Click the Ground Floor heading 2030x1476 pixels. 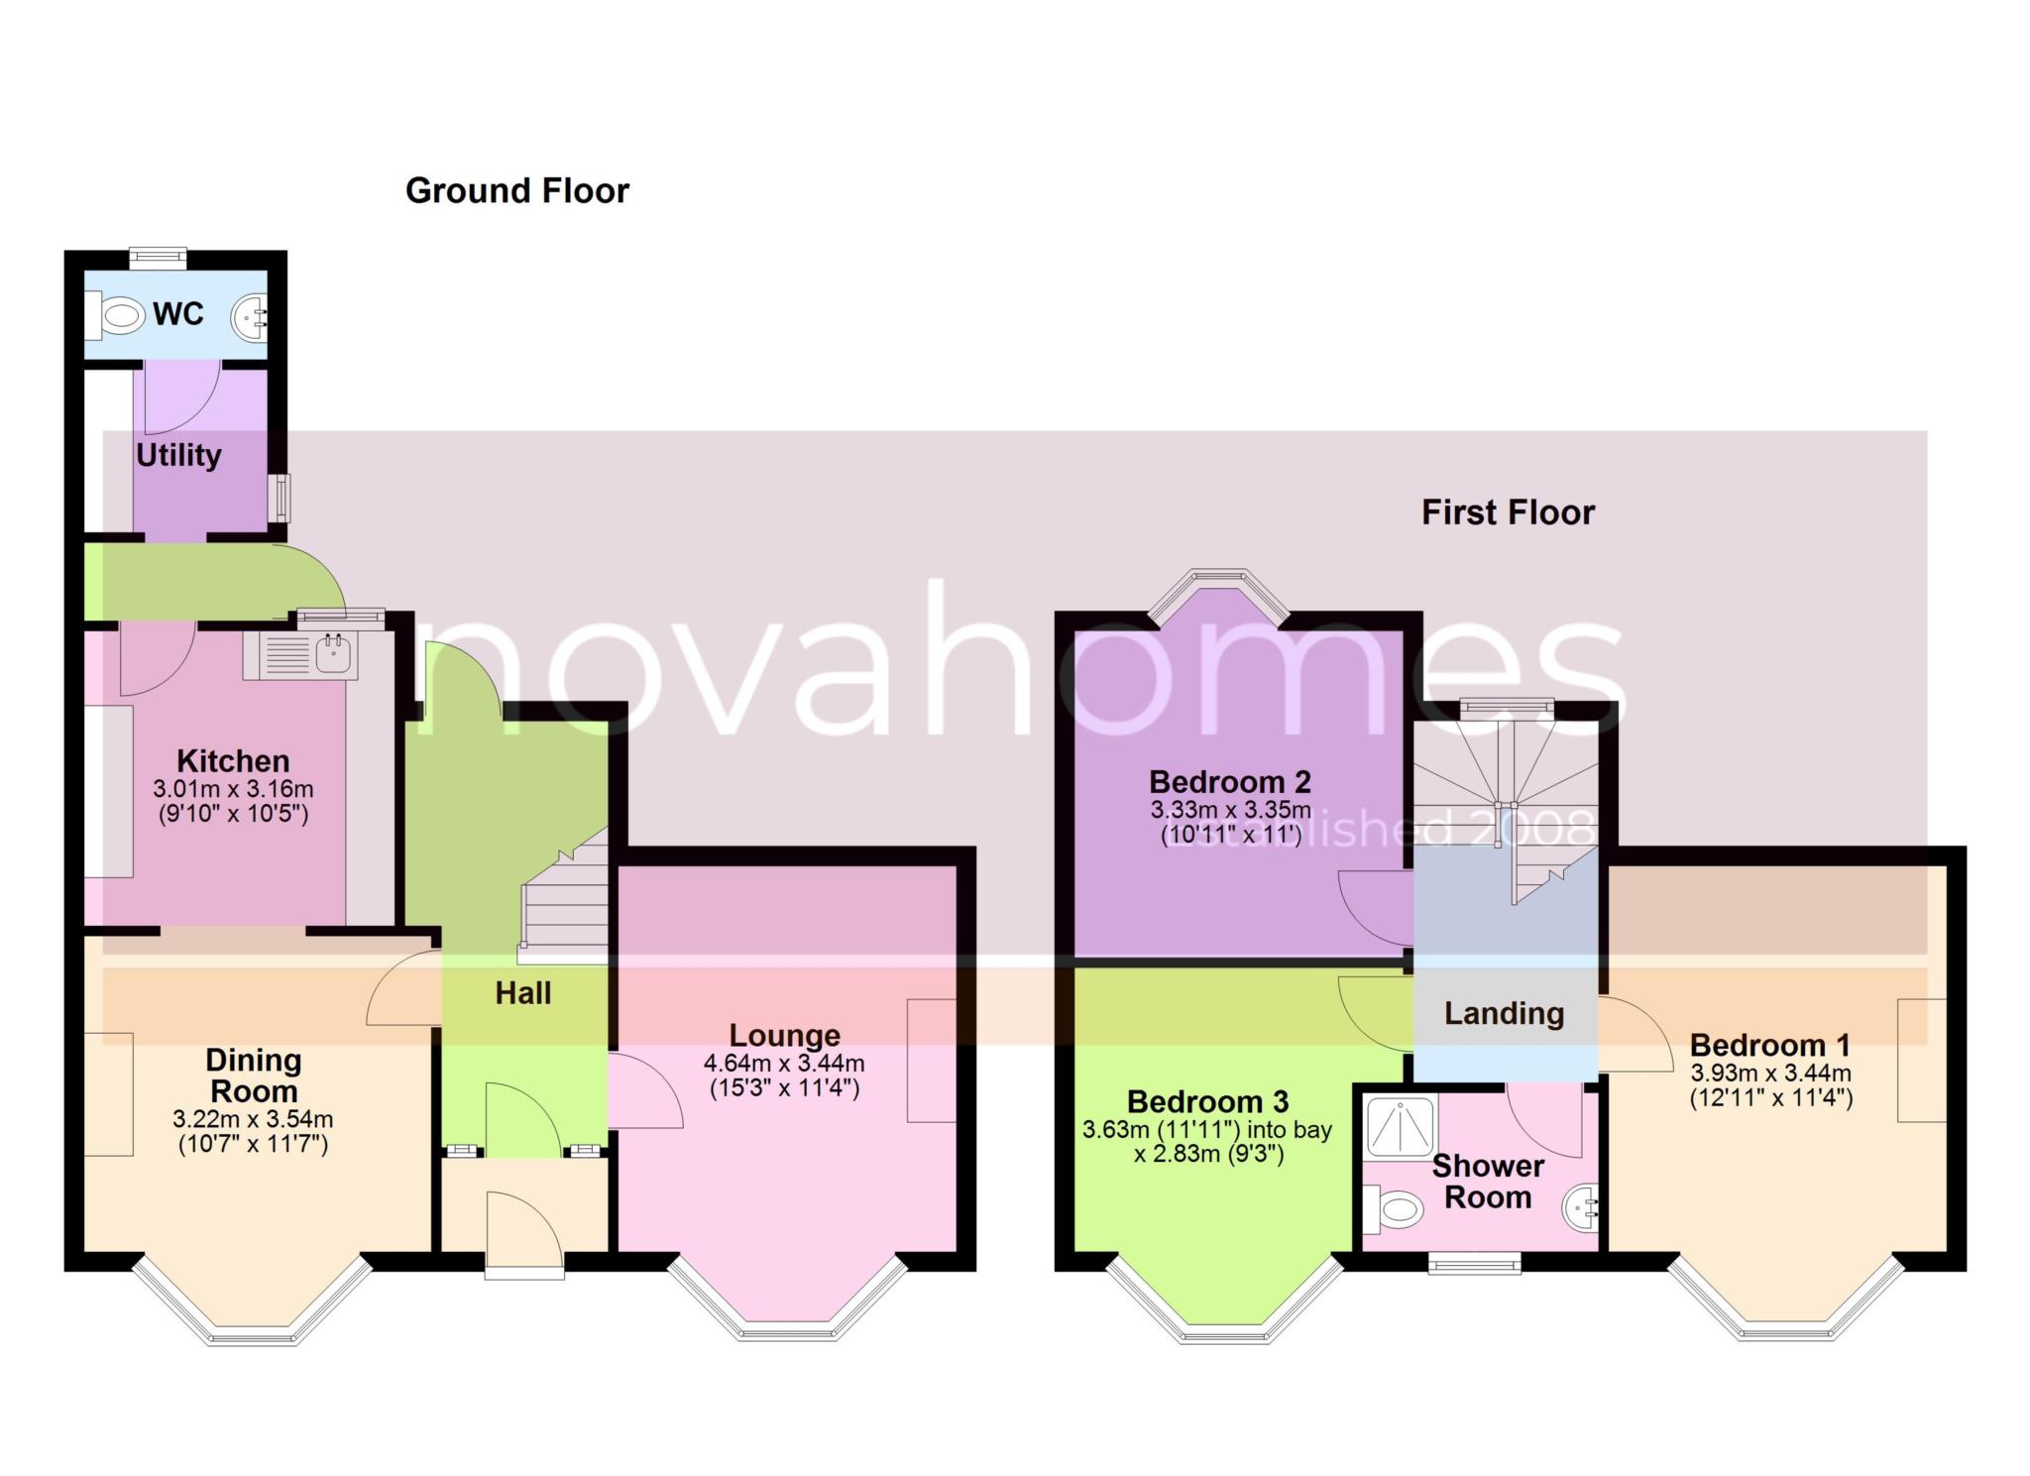point(517,190)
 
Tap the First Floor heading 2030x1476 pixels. point(1508,512)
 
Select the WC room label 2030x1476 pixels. point(178,314)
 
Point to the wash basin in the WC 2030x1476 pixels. point(250,317)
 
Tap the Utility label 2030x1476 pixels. point(178,456)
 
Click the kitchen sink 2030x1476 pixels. point(300,654)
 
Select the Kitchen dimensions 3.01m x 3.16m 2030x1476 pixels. point(233,790)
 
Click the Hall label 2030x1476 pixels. point(522,993)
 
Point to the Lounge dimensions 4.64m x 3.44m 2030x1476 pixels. point(784,1064)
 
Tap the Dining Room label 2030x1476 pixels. point(253,1076)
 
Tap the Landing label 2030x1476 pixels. point(1504,1013)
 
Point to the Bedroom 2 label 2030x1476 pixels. point(1230,781)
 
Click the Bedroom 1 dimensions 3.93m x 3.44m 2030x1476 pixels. point(1770,1073)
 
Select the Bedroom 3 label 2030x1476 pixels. point(1207,1101)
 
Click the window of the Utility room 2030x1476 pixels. point(284,498)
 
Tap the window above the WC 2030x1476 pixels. point(158,258)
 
